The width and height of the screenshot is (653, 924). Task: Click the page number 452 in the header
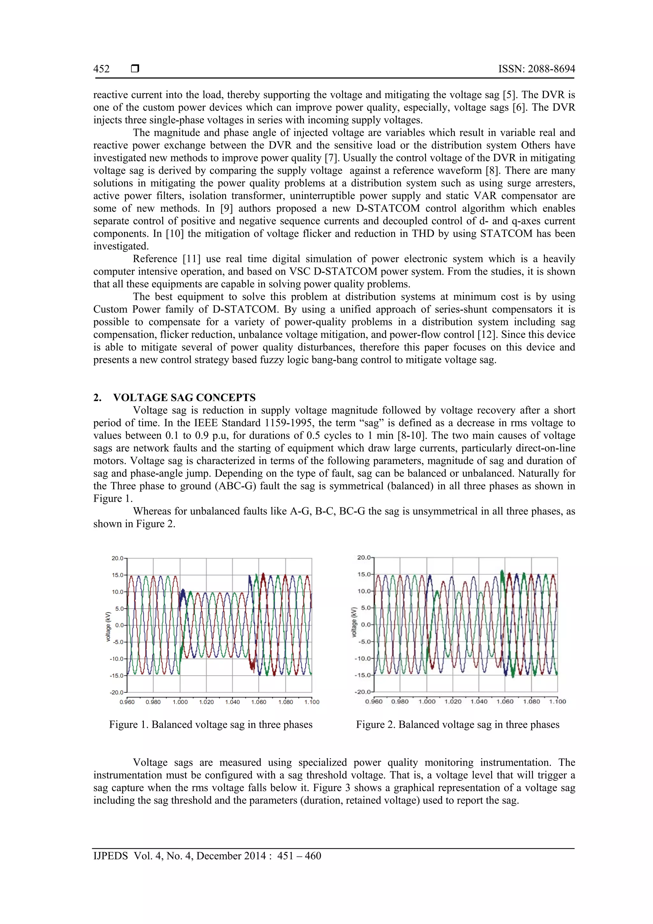[101, 69]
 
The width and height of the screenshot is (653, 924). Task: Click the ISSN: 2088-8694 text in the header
[536, 69]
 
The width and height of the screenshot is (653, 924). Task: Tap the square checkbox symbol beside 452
[135, 69]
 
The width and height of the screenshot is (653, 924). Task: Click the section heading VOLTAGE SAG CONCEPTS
[184, 398]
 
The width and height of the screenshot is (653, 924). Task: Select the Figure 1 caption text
[211, 724]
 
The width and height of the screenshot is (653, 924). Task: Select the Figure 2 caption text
[458, 724]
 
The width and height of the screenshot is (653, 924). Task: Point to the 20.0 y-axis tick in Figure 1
[118, 558]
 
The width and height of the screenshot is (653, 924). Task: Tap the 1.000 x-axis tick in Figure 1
[180, 702]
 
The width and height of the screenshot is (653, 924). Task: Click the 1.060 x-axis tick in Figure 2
[505, 701]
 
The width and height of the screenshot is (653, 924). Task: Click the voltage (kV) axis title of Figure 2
[354, 622]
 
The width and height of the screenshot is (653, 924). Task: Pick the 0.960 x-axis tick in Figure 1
[127, 702]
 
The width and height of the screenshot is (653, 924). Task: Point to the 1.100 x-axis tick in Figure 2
[558, 701]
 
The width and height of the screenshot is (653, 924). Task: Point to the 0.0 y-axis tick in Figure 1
[120, 625]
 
